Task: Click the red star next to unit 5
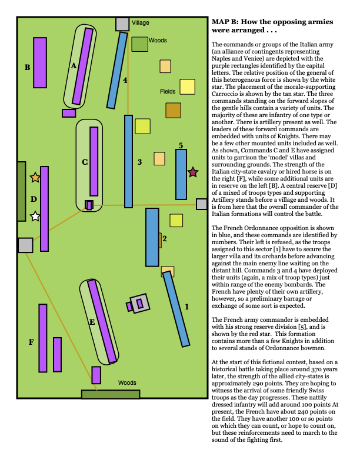click(192, 172)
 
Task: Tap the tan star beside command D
click(35, 177)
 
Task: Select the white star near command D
click(35, 217)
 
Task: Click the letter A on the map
click(74, 66)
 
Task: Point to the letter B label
click(27, 68)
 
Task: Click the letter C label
click(84, 162)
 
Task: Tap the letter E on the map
click(92, 322)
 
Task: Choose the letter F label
click(31, 342)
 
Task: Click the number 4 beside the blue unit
click(125, 79)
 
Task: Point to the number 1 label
click(187, 307)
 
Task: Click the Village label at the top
click(141, 23)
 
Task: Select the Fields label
click(168, 92)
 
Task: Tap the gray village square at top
click(122, 24)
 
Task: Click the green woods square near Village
click(139, 44)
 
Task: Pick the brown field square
click(173, 110)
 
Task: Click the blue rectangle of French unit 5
click(181, 174)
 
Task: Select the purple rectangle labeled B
click(40, 62)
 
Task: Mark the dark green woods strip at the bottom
click(110, 394)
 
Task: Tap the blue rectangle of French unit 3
click(128, 161)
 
